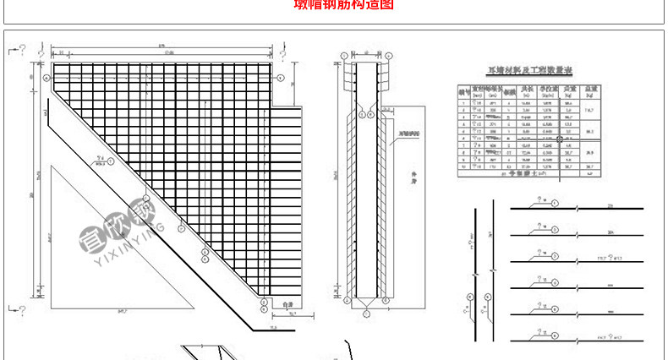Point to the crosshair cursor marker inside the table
(x=559, y=138)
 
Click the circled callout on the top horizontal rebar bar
(x=553, y=204)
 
